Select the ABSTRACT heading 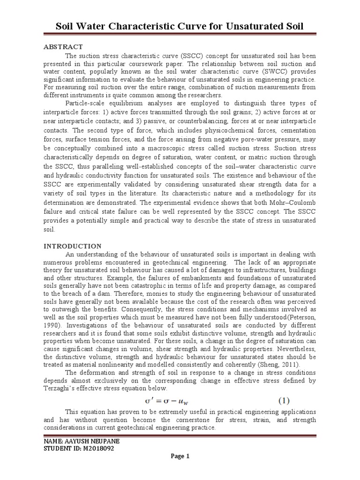click(x=63, y=46)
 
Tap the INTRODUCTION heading click(x=72, y=246)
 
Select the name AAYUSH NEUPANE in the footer click(x=92, y=442)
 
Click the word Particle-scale click(x=86, y=103)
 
